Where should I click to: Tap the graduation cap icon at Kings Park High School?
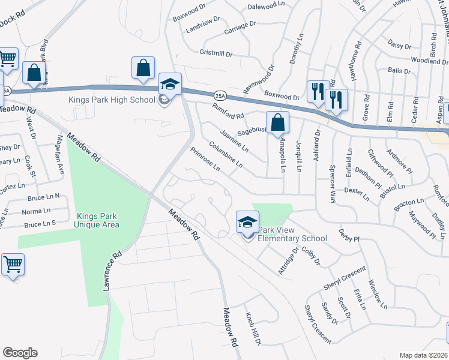(169, 85)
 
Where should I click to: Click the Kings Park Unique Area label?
(97, 220)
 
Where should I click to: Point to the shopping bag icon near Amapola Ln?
(277, 123)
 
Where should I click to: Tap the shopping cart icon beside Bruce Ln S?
(13, 264)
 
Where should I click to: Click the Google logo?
(20, 352)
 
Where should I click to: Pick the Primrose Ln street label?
(205, 159)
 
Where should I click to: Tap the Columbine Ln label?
(226, 154)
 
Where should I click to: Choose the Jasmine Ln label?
(234, 140)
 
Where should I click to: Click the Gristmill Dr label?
(215, 54)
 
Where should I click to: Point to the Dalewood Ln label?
(266, 5)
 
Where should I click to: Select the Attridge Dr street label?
(288, 259)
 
